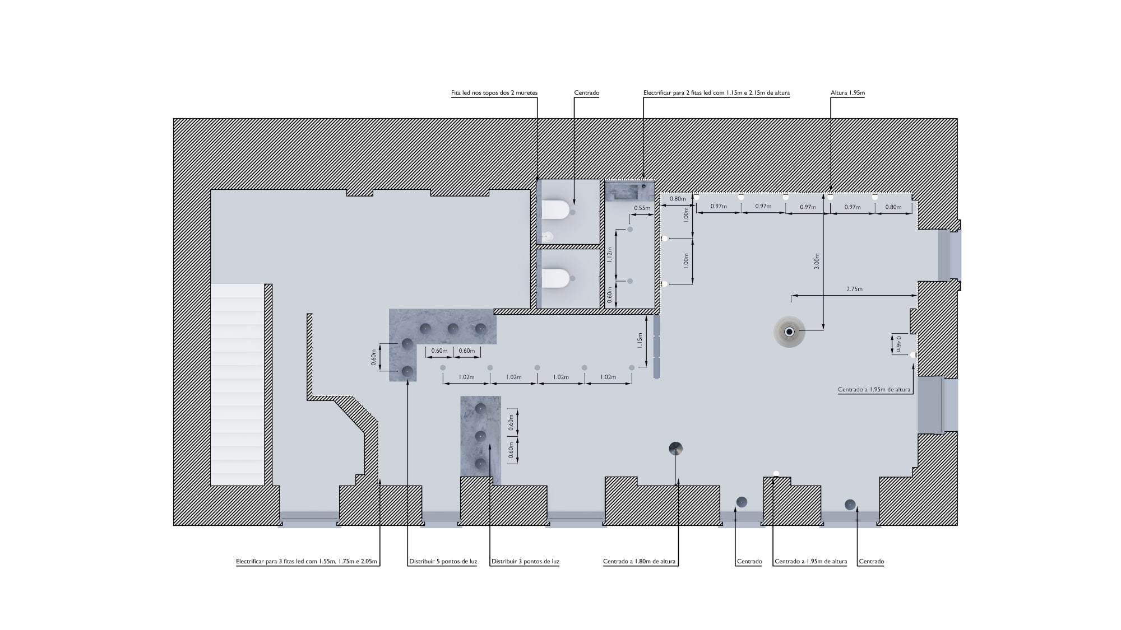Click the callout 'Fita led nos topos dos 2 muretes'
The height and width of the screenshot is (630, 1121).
point(494,93)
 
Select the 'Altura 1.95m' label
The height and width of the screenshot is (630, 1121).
point(847,93)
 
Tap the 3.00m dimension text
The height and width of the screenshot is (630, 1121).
point(817,261)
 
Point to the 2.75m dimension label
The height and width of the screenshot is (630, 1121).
point(854,289)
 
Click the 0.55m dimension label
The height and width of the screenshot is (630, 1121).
point(642,208)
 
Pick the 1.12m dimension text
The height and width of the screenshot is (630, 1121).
point(610,255)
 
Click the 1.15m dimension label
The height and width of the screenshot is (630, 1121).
point(640,340)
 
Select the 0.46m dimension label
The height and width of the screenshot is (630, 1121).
point(898,344)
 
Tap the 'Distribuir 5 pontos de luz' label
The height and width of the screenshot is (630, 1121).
point(443,562)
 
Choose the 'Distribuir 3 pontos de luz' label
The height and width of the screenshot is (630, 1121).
point(525,562)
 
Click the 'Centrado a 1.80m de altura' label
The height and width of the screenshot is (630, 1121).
point(640,562)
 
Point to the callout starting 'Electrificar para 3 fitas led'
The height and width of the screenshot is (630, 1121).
point(307,562)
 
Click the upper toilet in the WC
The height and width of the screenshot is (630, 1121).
point(555,210)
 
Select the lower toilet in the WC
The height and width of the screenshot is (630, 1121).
point(555,278)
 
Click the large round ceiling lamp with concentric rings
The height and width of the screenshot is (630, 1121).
point(790,332)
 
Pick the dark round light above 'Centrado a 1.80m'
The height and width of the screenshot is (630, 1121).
point(675,449)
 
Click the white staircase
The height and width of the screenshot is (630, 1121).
point(238,384)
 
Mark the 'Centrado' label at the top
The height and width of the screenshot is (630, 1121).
point(587,93)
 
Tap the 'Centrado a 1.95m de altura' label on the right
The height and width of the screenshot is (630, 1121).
point(874,390)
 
